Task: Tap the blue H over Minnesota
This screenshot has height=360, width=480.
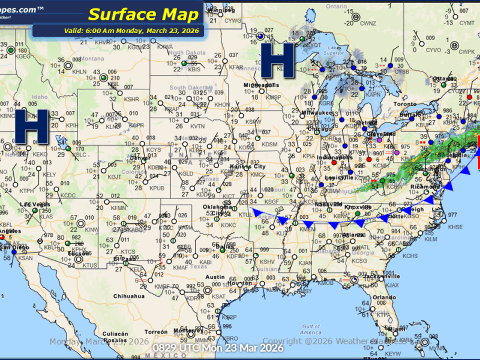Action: click(278, 60)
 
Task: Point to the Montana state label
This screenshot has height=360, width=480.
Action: click(91, 58)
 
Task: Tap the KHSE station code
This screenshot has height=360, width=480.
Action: click(456, 227)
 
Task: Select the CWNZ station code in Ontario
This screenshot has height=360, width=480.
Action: click(368, 23)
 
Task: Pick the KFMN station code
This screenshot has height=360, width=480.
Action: click(119, 208)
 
